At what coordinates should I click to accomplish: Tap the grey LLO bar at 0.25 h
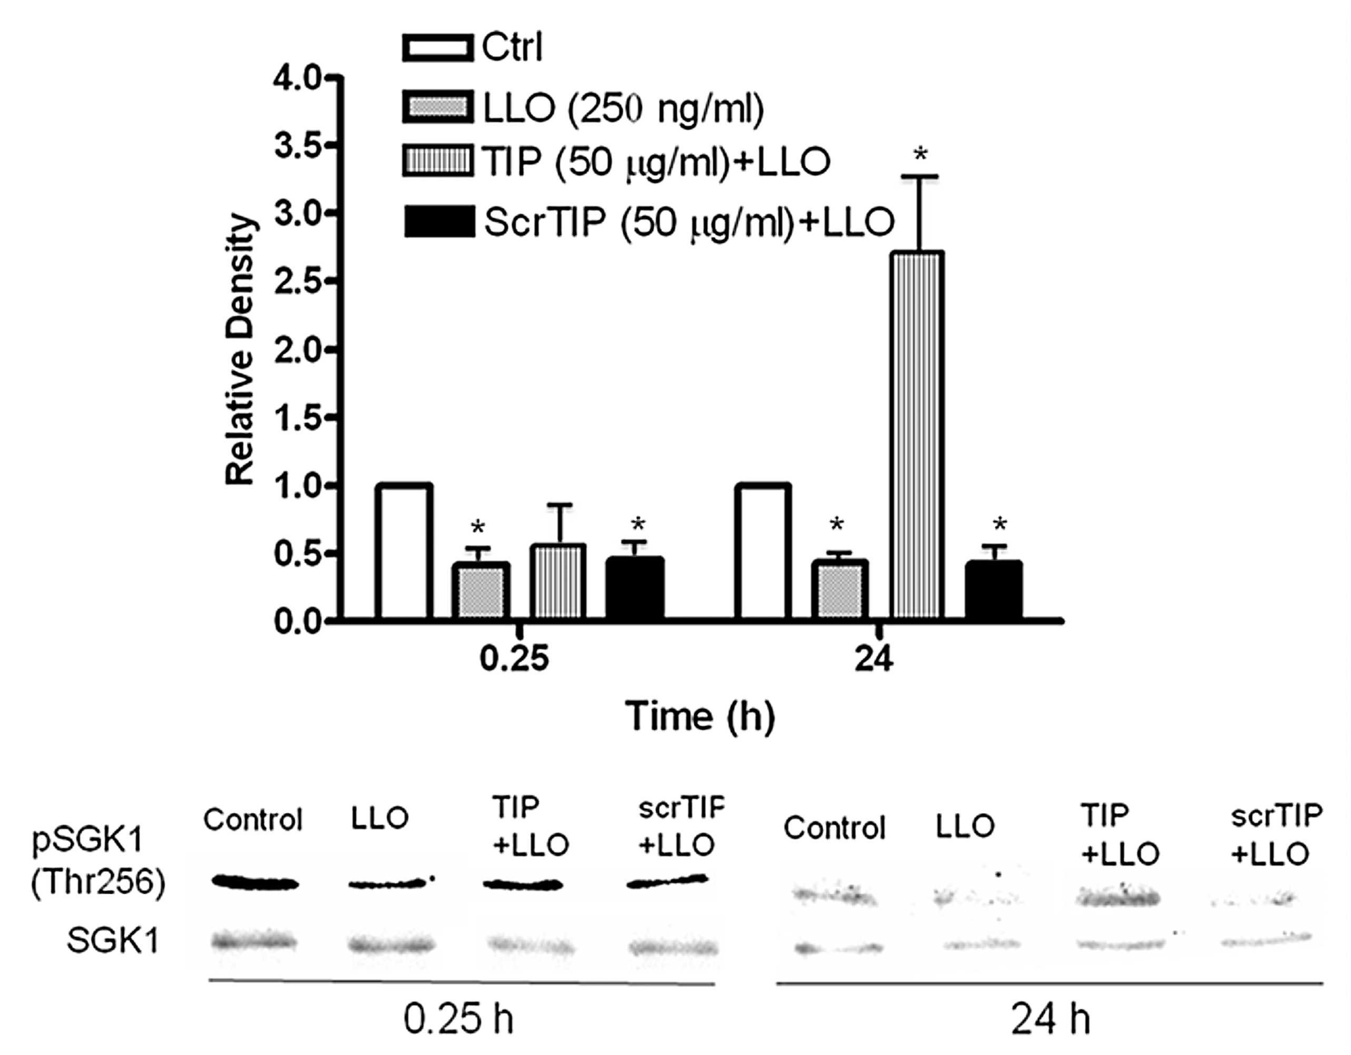[484, 591]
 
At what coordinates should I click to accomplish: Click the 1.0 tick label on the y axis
[296, 486]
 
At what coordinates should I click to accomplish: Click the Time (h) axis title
[700, 717]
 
